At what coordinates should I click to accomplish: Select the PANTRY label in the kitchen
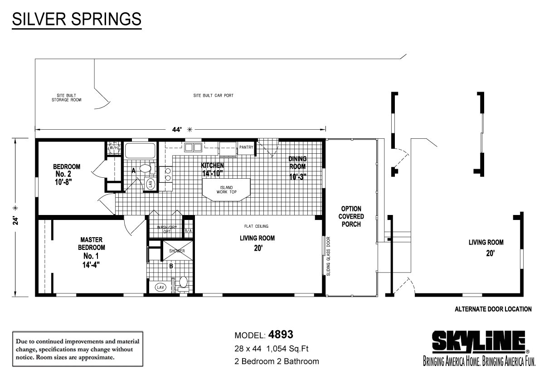point(246,147)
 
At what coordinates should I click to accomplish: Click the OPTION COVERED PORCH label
point(351,216)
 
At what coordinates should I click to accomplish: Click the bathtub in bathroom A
point(140,151)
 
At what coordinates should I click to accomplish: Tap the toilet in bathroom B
point(183,283)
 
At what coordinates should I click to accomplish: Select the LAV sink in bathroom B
point(160,287)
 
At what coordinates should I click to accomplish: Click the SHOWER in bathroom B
point(171,251)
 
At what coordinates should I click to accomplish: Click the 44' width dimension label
point(177,129)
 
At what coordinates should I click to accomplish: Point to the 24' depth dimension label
point(15,220)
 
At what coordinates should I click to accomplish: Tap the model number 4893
point(281,335)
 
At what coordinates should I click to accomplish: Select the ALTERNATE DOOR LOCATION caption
point(493,309)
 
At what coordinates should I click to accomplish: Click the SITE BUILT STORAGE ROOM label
point(66,98)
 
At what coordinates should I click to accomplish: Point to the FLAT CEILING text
point(257,226)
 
